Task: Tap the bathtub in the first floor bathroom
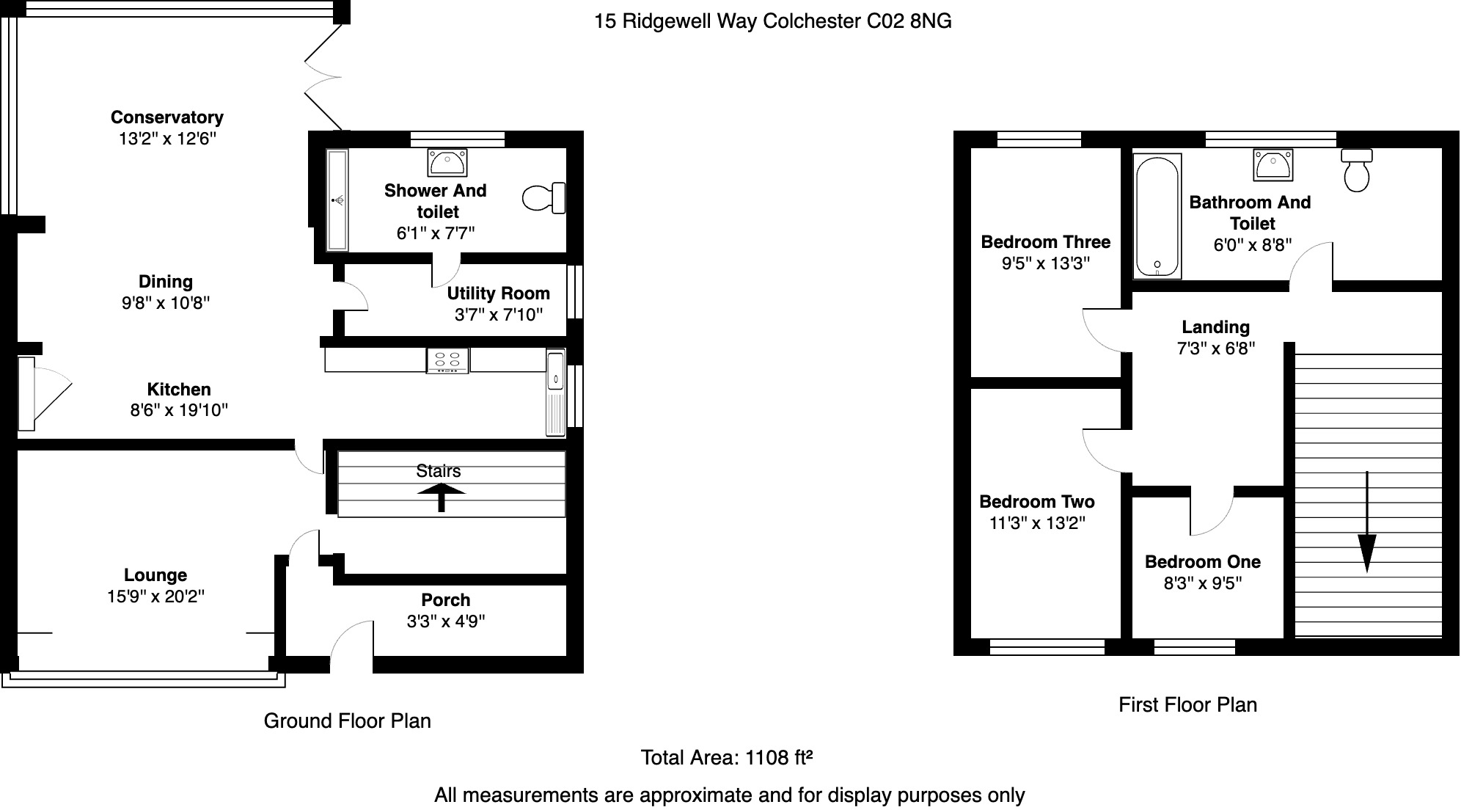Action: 1157,216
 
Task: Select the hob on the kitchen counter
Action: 447,360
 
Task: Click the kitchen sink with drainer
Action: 555,392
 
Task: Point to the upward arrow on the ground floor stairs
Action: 441,496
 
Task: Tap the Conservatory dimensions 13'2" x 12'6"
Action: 167,139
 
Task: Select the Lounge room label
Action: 155,575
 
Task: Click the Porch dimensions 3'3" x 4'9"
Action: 445,621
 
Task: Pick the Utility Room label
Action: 498,293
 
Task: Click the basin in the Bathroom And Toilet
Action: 1273,164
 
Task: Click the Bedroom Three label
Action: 1045,242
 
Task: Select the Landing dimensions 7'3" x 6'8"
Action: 1215,349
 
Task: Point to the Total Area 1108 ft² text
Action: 726,757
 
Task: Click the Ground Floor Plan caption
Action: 347,721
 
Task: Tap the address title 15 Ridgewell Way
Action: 772,21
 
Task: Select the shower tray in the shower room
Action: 337,200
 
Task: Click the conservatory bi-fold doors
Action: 323,76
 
